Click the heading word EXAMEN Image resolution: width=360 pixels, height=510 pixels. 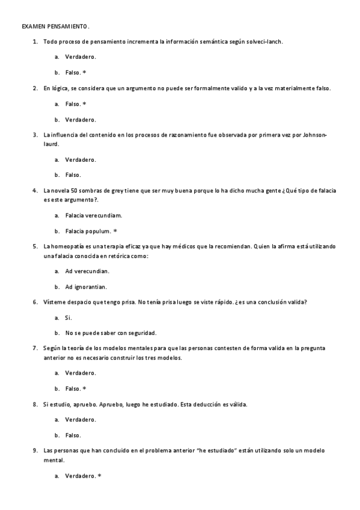click(33, 27)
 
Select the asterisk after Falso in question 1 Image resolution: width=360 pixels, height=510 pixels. click(85, 72)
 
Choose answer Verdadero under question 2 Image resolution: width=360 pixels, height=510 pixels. click(81, 119)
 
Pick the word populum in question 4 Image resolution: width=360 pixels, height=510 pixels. click(98, 231)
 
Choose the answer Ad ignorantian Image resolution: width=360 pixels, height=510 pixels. click(86, 286)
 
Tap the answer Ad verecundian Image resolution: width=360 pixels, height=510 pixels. click(87, 271)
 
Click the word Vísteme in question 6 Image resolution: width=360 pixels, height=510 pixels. click(55, 302)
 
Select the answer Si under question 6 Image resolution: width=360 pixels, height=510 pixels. click(68, 317)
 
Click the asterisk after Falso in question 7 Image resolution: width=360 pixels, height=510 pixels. click(85, 388)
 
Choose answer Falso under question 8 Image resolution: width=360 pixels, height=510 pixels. click(73, 435)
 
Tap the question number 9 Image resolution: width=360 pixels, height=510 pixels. click(35, 451)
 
